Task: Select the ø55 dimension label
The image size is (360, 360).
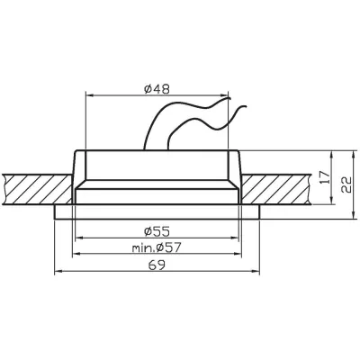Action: click(x=158, y=229)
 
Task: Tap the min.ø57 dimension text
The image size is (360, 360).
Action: click(x=158, y=247)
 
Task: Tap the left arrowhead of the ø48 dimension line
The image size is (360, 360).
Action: click(x=87, y=94)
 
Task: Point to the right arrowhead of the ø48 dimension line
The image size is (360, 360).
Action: click(x=228, y=94)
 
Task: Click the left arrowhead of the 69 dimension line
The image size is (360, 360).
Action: click(x=58, y=270)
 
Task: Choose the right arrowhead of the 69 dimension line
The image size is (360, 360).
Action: click(x=259, y=270)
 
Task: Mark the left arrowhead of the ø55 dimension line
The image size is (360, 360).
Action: click(x=77, y=237)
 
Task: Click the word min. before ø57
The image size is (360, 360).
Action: click(x=141, y=247)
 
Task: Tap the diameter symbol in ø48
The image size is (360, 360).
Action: click(x=147, y=87)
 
